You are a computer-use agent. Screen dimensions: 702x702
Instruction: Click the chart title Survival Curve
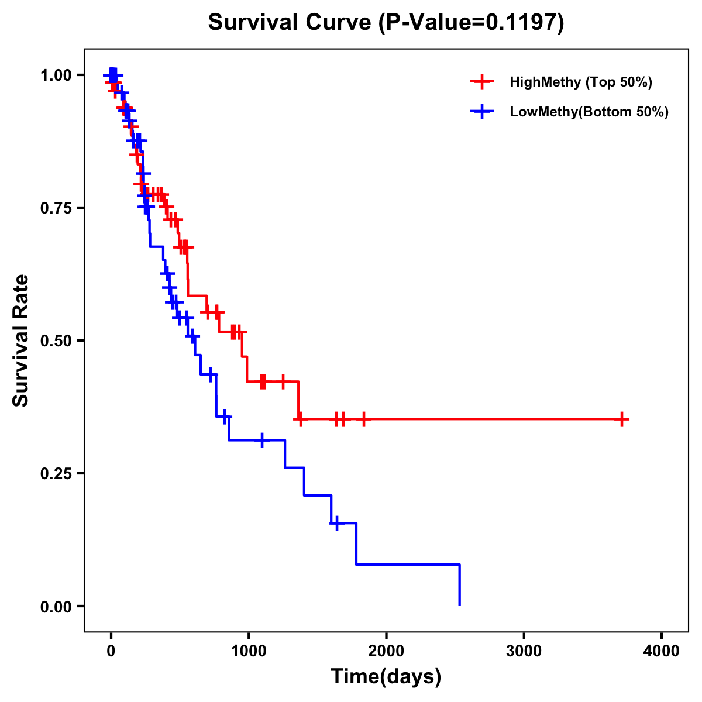coord(289,23)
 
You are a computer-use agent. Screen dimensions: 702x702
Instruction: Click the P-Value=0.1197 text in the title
coord(472,23)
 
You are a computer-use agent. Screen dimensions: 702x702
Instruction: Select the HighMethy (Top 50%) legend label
coord(580,82)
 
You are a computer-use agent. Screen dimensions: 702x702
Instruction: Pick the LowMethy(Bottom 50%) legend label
coord(589,112)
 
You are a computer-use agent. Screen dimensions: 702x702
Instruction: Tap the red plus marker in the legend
coord(482,82)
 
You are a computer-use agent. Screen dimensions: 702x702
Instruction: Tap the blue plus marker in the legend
coord(482,112)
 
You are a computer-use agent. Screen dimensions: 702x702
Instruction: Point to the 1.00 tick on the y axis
coord(56,75)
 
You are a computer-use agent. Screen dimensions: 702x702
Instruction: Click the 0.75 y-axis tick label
coord(56,208)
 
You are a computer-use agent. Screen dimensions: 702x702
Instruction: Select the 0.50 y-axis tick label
coord(56,340)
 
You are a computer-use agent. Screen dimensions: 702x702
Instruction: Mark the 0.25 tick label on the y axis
coord(56,473)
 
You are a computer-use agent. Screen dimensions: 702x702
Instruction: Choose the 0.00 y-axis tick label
coord(56,606)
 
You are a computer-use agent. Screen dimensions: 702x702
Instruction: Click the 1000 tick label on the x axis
coord(248,651)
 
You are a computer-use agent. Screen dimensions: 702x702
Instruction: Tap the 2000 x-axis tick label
coord(386,651)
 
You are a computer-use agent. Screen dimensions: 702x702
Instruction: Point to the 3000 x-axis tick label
coord(524,651)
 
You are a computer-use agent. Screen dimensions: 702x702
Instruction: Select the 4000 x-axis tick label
coord(662,651)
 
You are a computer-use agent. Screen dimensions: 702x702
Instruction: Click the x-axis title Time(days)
coord(386,677)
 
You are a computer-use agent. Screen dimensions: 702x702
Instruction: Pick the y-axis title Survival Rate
coord(21,340)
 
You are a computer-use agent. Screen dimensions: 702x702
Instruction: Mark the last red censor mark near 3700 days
coord(622,419)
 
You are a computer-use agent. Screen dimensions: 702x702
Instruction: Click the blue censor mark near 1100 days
coord(261,440)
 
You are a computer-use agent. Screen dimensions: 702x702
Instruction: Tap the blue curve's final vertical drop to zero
coord(460,585)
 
